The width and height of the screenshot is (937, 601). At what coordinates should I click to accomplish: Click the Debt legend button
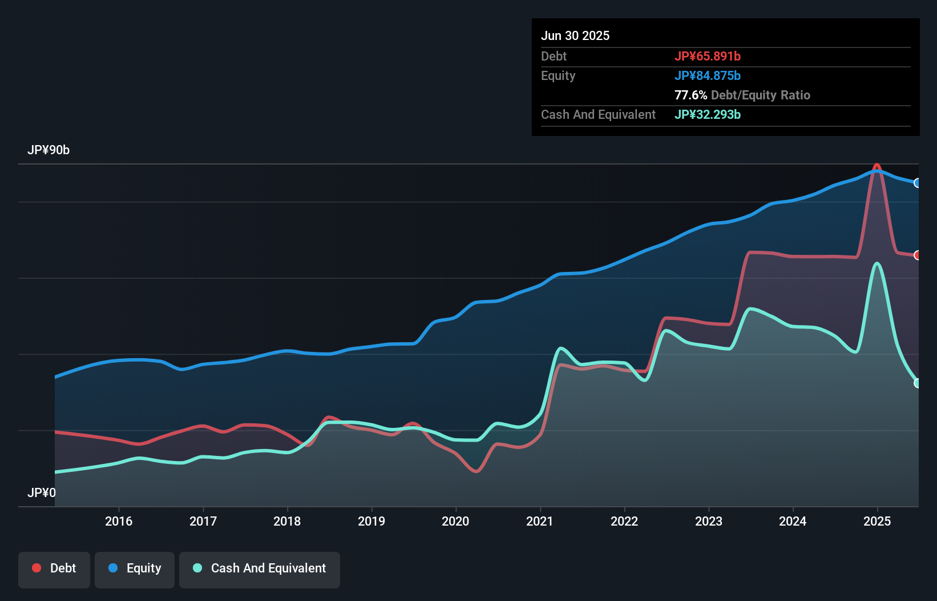[54, 568]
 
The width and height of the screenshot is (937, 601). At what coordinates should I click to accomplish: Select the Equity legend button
[135, 568]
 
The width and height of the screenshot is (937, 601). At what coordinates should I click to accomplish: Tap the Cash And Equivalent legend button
[260, 568]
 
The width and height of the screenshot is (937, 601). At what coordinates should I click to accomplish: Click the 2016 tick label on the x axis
[119, 521]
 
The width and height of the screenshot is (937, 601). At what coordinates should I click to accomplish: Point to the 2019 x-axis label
[371, 521]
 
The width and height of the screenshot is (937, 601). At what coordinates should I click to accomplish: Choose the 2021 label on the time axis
[540, 521]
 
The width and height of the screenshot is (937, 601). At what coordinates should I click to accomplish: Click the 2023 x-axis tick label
[709, 521]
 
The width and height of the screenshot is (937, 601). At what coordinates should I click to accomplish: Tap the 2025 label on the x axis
[877, 521]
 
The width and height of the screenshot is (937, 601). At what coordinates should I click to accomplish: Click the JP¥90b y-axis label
[49, 150]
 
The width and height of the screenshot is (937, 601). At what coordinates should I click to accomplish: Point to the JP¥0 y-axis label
[42, 492]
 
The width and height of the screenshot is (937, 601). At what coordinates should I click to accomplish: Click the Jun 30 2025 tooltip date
[575, 35]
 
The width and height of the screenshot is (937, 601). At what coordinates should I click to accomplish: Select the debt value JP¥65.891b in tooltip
[708, 56]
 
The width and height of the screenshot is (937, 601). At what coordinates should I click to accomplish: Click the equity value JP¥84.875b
[708, 75]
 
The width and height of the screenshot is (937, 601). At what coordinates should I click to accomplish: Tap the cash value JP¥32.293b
[708, 114]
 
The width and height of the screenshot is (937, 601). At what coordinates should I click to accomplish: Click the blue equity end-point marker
[918, 183]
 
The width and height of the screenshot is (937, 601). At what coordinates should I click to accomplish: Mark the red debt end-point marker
[918, 255]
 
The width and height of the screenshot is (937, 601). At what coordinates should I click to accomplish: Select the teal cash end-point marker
[918, 383]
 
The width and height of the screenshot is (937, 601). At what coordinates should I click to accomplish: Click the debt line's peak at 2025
[877, 165]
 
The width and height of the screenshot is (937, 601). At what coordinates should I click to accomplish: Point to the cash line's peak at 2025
[877, 264]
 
